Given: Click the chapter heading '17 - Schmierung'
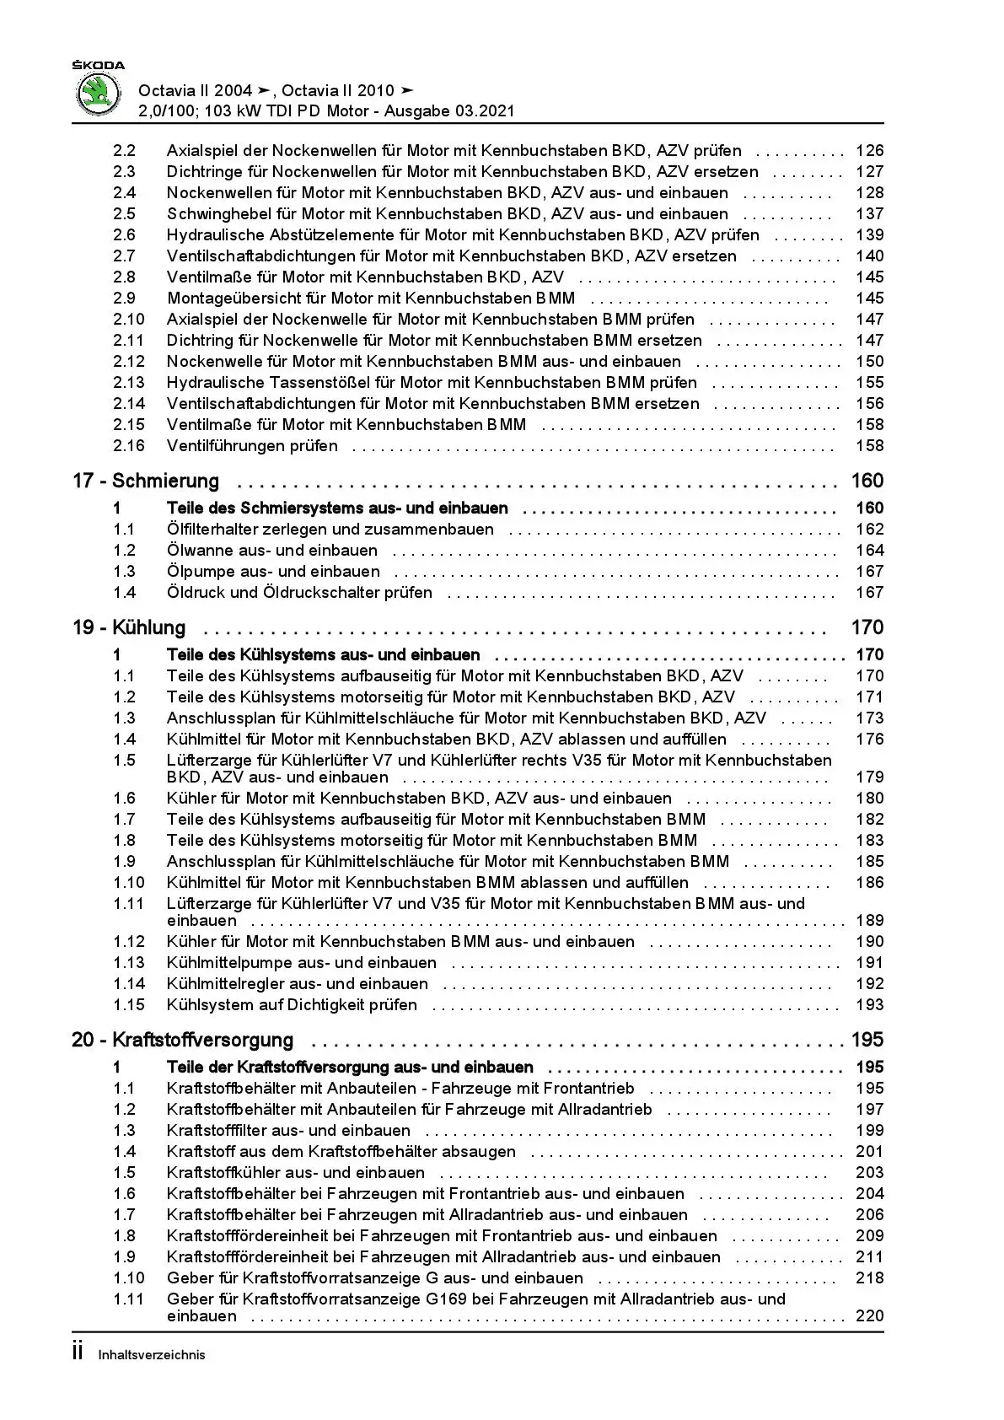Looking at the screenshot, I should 146,481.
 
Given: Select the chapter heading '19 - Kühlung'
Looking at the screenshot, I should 129,628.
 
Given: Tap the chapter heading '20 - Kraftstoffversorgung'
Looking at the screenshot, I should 183,1041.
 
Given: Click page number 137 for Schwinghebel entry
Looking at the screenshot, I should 869,214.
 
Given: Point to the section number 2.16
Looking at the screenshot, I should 129,446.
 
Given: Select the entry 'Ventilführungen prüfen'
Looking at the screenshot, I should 252,446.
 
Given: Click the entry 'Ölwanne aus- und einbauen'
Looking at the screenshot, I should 272,551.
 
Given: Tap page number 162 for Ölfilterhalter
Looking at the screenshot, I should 869,530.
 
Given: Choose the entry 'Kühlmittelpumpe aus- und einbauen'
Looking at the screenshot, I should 302,963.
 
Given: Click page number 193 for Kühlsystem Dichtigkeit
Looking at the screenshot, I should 869,1005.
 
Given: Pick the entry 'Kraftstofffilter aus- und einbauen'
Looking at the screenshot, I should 288,1131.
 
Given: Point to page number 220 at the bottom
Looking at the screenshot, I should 869,1316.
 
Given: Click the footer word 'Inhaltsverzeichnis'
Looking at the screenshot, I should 152,1355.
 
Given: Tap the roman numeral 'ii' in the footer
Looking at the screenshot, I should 78,1353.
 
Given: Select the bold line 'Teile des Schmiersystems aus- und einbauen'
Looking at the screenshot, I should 337,508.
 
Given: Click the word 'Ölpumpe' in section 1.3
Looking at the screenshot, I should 196,572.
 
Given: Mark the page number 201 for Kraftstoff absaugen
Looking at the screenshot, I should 869,1152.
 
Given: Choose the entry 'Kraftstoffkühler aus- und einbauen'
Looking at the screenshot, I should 296,1173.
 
